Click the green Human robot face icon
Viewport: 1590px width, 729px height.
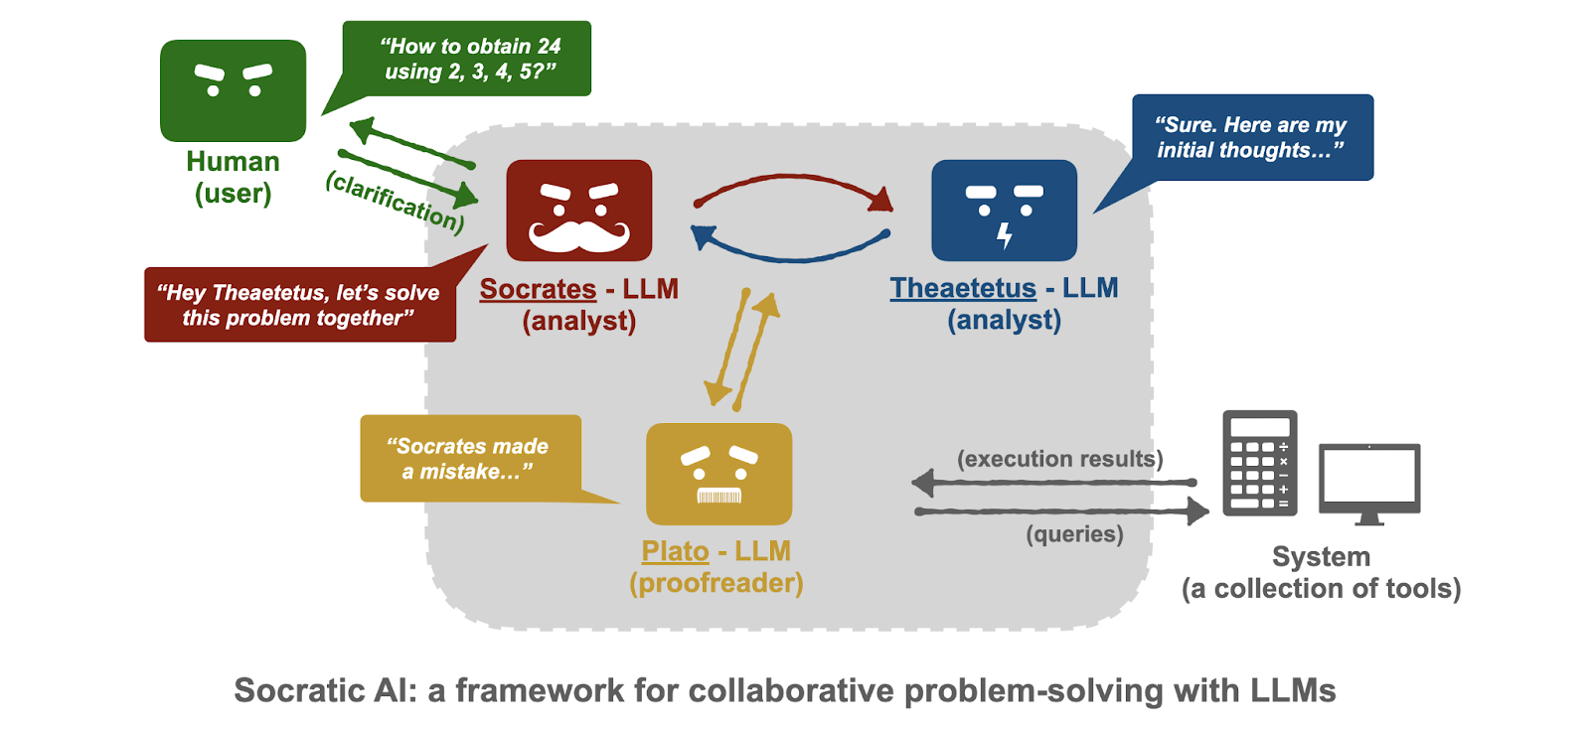pos(233,90)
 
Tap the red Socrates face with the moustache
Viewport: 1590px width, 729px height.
pos(579,210)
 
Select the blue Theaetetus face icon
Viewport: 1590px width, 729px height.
pos(1004,210)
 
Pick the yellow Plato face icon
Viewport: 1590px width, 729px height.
pos(719,474)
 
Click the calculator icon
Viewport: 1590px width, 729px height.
pos(1260,463)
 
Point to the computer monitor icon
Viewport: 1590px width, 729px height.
pos(1369,484)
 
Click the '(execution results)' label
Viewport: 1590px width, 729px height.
pos(1059,459)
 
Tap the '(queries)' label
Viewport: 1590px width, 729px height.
pos(1074,534)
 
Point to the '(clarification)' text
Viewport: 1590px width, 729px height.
pos(396,202)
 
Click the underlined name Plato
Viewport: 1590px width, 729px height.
pos(675,551)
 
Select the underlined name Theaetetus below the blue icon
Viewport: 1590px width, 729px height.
pos(963,288)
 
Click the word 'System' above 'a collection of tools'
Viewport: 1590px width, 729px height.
pos(1321,556)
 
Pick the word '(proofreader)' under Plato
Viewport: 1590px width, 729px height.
pos(716,583)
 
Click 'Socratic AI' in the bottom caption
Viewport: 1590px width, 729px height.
pos(326,690)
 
